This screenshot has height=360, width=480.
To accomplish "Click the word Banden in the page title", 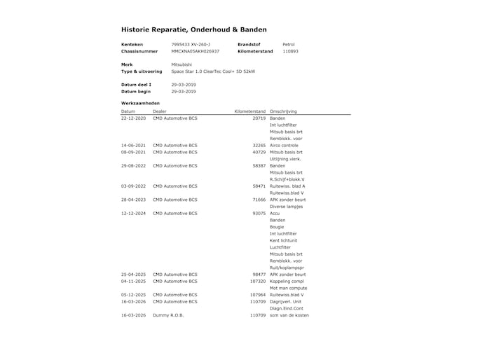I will click(262, 30).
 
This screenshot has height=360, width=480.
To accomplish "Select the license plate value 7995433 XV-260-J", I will click(191, 45).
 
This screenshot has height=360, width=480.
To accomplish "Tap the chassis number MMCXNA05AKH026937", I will click(196, 51).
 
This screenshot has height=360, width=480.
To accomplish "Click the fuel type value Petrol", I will click(289, 45).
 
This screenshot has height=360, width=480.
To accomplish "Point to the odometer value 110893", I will click(290, 51).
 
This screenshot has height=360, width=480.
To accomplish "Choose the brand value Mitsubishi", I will click(181, 64).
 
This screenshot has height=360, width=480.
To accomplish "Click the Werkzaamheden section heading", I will click(140, 103).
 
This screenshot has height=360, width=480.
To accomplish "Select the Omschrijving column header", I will click(284, 111).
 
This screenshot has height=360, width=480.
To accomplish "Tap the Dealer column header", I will click(160, 111).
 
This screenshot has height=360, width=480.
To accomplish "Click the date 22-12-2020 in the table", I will click(133, 118).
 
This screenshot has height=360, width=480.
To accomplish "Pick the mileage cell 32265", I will click(259, 145).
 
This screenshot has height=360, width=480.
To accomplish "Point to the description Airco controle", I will click(284, 145).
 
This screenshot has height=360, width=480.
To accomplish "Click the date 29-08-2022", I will click(133, 165).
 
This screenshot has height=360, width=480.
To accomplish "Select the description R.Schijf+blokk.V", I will click(287, 179).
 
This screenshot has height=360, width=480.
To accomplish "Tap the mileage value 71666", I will click(259, 200).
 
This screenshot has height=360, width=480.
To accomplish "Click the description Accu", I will click(275, 213).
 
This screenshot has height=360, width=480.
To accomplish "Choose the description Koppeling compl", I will click(286, 281).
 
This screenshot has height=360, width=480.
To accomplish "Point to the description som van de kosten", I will click(289, 315).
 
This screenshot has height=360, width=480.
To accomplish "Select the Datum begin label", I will click(136, 91).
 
